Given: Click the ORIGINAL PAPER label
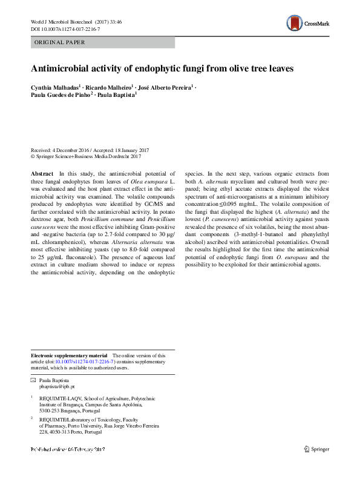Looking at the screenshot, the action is [60, 43].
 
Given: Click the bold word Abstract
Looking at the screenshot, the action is [42, 173].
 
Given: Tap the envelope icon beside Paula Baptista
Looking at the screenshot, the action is [33, 380].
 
